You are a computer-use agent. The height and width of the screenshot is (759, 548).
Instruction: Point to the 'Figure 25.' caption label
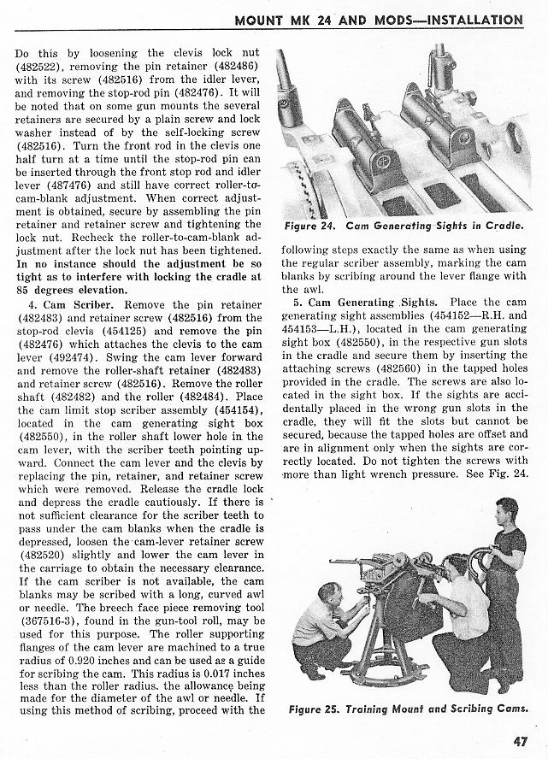[315, 709]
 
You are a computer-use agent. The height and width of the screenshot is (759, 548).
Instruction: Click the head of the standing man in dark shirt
[504, 514]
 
